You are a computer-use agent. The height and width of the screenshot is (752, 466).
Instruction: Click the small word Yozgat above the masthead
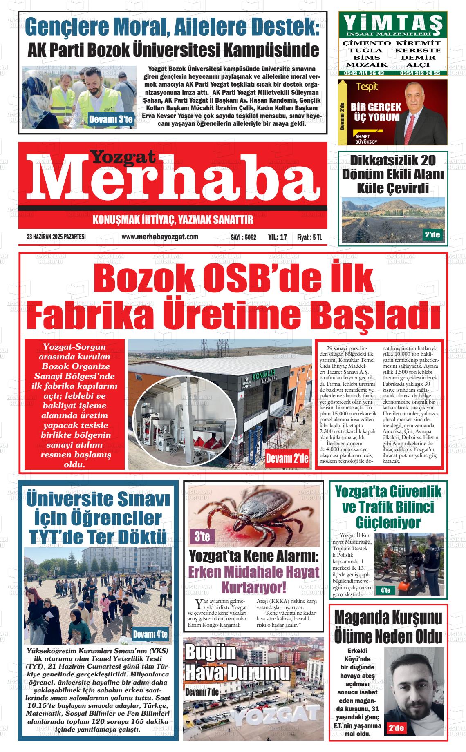[123, 156]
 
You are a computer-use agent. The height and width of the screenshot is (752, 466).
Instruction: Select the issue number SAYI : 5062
[243, 237]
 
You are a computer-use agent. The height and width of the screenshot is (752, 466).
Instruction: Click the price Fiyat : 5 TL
[309, 237]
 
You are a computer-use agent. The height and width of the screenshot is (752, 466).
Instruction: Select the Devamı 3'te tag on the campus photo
[110, 120]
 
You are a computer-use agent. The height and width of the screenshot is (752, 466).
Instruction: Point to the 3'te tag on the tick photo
[202, 536]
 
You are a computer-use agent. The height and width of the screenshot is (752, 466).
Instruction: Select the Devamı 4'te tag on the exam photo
[150, 634]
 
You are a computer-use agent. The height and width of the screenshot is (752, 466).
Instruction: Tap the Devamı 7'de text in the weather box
[202, 692]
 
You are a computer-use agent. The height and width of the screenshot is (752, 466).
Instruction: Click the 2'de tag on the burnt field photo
[432, 234]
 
